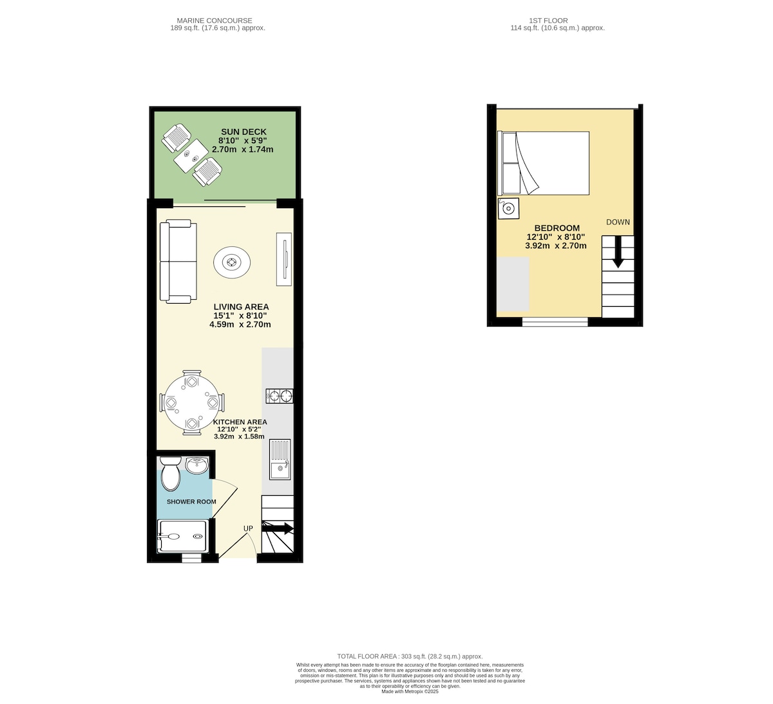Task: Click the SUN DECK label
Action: pos(243,132)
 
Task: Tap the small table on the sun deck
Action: pos(191,156)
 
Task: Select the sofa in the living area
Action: pos(178,262)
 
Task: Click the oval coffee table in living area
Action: pos(232,262)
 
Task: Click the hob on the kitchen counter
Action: pos(280,396)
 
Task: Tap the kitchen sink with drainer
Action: pos(280,459)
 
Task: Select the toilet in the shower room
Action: pos(170,473)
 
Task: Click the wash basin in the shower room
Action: pos(197,465)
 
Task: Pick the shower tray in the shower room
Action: pos(183,536)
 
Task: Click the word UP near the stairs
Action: pos(248,528)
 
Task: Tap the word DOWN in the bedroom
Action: pos(618,222)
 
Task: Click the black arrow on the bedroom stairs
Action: pos(618,251)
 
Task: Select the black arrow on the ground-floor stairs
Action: pos(278,528)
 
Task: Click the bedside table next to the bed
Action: pos(508,209)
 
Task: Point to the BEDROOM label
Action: pos(557,228)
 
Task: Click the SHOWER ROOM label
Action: pos(191,502)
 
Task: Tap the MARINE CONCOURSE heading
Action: pos(215,21)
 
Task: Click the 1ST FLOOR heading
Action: pos(548,21)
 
